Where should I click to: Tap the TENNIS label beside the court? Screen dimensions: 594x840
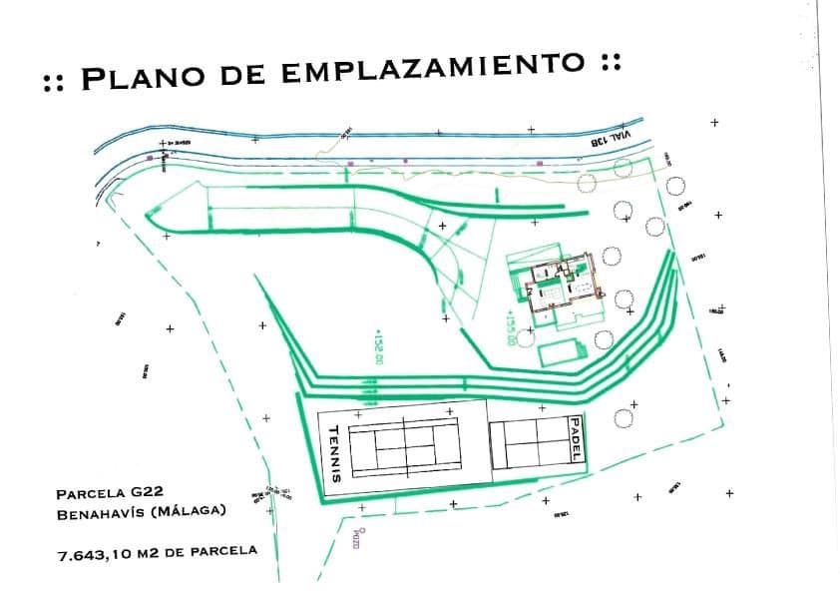[x=335, y=450]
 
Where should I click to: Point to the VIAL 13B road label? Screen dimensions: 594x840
[x=599, y=140]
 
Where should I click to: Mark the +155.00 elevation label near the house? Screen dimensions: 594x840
[x=511, y=324]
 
